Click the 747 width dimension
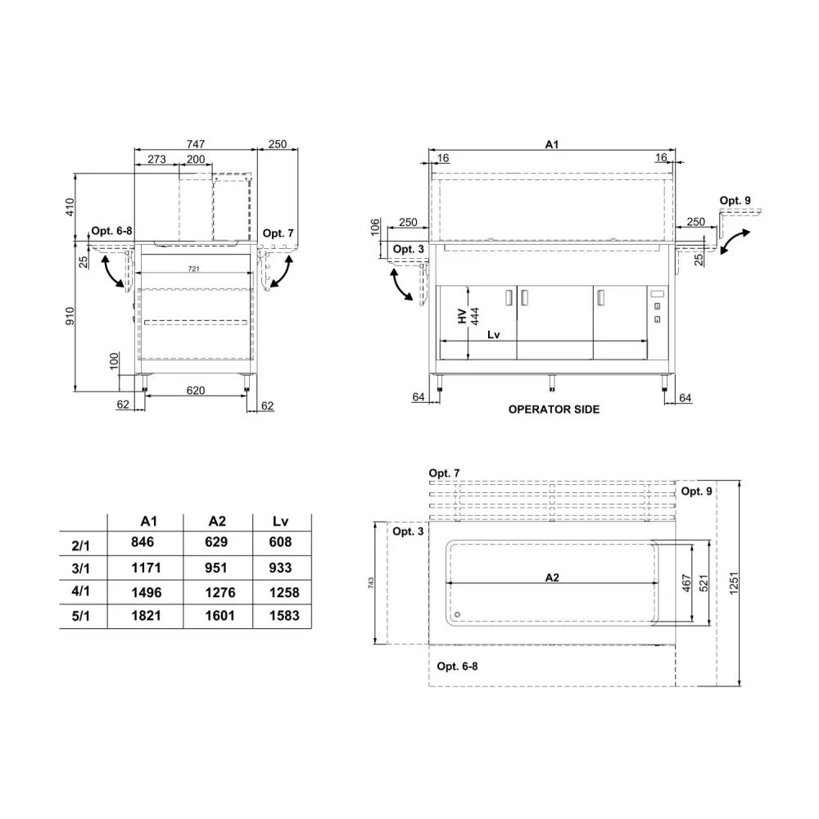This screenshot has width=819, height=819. [x=194, y=144]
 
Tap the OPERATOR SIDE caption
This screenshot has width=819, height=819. [x=554, y=409]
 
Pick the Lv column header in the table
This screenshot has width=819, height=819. [x=281, y=520]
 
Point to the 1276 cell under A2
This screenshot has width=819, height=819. [x=217, y=591]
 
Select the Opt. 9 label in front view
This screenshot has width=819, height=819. [x=734, y=201]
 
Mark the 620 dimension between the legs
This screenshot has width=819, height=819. [x=195, y=391]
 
